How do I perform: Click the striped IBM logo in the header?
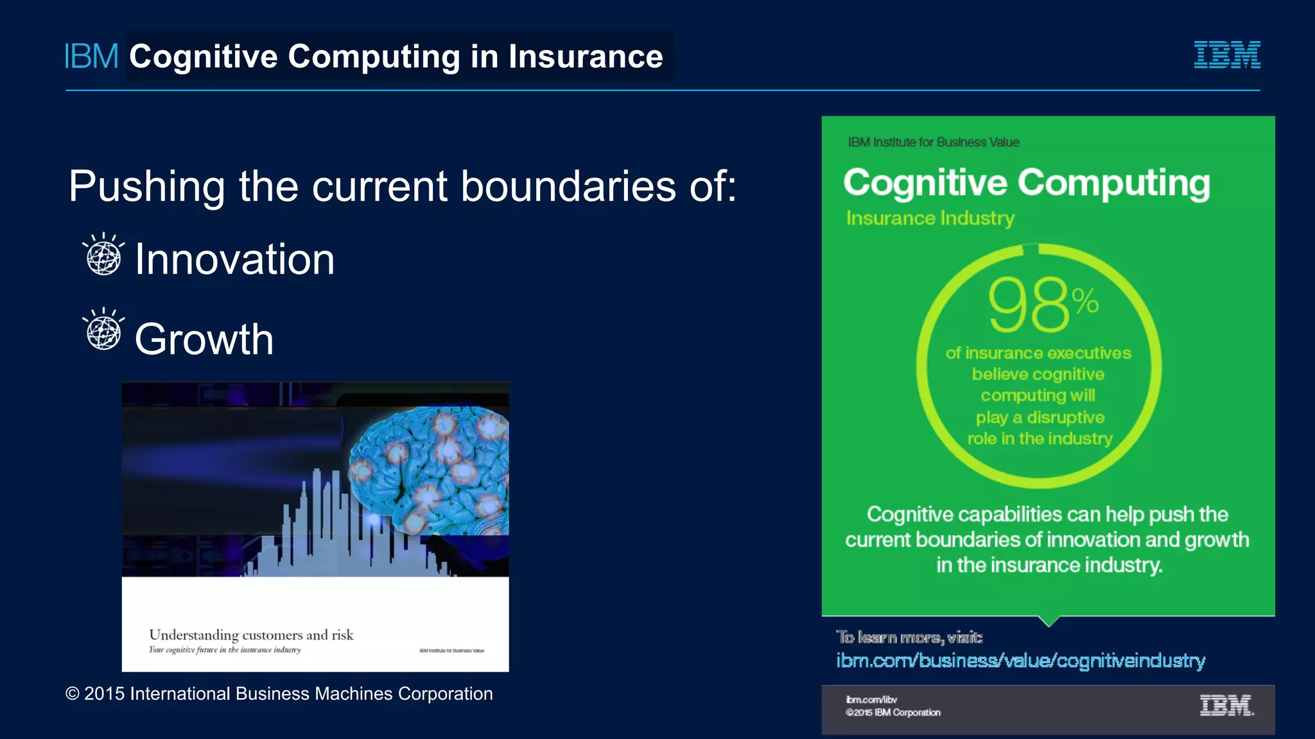click(x=1226, y=55)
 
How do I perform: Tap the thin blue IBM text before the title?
click(x=91, y=56)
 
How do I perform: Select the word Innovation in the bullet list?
click(x=234, y=259)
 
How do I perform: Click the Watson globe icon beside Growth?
click(x=103, y=330)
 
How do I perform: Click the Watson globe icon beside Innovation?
click(x=103, y=255)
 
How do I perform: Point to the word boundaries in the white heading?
click(x=568, y=187)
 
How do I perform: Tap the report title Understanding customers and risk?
click(x=251, y=634)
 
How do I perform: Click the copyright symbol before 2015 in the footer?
click(x=73, y=694)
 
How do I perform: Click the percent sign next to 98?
click(x=1085, y=300)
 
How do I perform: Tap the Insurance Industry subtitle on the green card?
click(x=930, y=218)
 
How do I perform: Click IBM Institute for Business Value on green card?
click(x=933, y=142)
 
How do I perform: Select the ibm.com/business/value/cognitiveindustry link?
click(x=1020, y=660)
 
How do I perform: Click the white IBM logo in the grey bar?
click(x=1226, y=706)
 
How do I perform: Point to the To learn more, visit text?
click(x=909, y=637)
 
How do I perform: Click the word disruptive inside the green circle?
click(x=1065, y=418)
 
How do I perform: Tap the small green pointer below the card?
click(x=1049, y=621)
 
